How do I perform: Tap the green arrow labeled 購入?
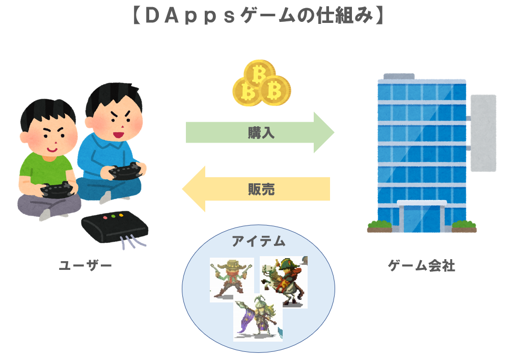tap(260, 133)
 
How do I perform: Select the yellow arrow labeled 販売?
tap(257, 189)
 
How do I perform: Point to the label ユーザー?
tap(85, 265)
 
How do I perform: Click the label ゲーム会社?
tap(421, 265)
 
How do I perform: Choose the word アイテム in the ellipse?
tap(259, 241)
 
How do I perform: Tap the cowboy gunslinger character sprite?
tap(232, 279)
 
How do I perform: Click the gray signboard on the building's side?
tap(483, 132)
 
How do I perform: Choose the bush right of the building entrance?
tap(463, 225)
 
